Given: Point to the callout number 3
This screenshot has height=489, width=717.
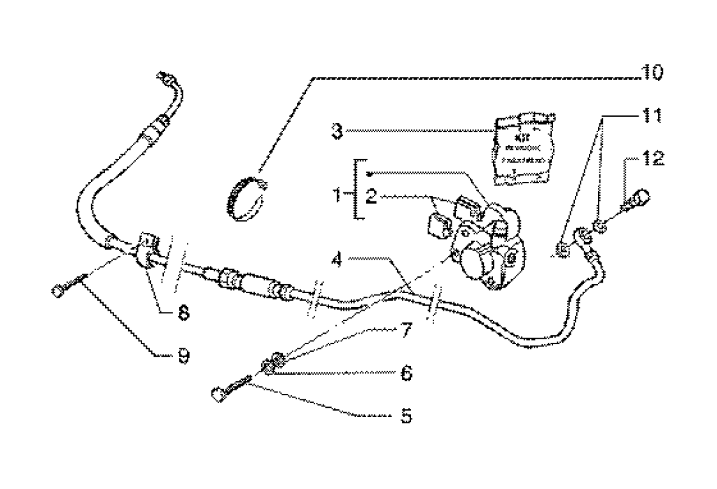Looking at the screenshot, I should tap(337, 130).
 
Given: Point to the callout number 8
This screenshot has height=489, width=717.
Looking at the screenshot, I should tap(182, 313).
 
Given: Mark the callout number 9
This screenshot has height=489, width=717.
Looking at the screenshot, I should tap(182, 357).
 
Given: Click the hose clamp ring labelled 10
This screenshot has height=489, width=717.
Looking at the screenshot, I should tap(246, 196).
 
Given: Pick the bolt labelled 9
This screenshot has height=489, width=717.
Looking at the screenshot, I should tap(67, 287).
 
